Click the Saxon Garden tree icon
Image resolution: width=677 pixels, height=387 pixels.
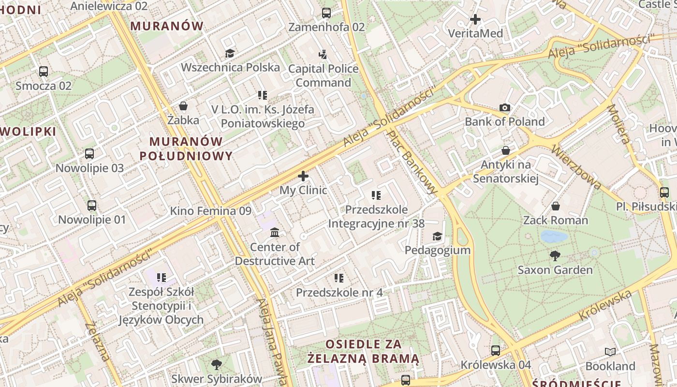555,255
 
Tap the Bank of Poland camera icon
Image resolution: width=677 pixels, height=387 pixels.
504,107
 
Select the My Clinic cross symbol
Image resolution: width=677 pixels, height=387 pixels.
303,176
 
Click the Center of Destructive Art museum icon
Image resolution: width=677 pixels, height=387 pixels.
275,233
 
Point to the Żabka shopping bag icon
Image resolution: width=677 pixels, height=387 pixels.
183,105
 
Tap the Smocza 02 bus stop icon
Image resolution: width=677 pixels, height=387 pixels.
44,72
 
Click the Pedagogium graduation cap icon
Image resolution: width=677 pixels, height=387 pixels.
437,236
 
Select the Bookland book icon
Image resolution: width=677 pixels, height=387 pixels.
610,352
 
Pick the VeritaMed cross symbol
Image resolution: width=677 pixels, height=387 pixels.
475,19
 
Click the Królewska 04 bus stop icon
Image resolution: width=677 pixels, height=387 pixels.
496,350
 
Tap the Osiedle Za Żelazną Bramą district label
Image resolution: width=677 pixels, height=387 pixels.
364,351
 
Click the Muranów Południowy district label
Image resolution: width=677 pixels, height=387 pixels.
186,149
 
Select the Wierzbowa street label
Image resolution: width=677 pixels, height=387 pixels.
576,167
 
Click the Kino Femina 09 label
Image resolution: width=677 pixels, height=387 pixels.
210,211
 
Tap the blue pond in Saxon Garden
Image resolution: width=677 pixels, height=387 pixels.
554,237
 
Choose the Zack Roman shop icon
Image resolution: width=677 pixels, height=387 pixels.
556,206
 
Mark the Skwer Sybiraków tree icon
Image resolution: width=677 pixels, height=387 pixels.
217,364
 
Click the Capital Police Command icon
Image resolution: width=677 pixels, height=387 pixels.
323,54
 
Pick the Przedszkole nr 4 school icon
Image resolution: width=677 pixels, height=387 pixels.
339,278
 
